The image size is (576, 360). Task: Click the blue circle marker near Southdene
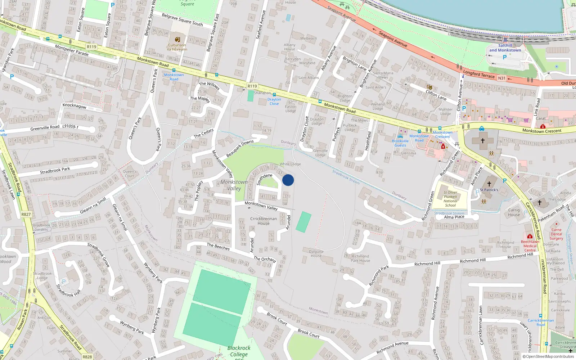[288, 180]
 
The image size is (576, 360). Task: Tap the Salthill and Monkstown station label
[505, 48]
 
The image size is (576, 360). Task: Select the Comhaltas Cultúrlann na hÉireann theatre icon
[177, 40]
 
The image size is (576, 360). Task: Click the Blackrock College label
[239, 351]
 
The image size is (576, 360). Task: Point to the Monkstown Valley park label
[234, 185]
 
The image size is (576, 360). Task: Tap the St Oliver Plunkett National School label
[450, 199]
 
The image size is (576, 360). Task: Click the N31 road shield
[501, 78]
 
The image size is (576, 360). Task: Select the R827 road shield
[26, 214]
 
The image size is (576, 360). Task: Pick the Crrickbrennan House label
[264, 221]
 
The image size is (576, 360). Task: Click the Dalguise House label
[316, 253]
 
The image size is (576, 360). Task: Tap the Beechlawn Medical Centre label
[530, 246]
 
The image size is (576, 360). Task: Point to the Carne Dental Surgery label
[556, 234]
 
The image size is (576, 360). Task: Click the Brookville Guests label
[400, 143]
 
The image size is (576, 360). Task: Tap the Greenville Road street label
[45, 128]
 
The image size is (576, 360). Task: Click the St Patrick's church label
[489, 190]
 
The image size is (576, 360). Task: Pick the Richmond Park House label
[360, 258]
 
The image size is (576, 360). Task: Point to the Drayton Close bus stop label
[274, 102]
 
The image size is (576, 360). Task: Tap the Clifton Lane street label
[436, 95]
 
